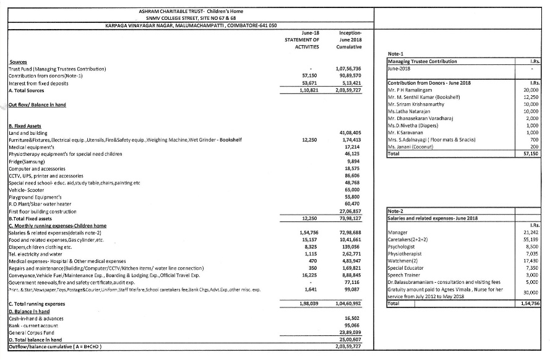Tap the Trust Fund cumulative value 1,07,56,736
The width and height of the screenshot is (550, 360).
(348, 69)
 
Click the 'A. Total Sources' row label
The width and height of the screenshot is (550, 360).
(28, 89)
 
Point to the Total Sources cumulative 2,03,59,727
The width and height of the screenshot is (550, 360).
(348, 89)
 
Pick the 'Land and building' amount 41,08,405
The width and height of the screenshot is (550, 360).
(350, 132)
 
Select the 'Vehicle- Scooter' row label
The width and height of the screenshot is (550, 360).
(26, 191)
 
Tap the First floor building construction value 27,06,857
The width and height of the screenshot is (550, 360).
(349, 211)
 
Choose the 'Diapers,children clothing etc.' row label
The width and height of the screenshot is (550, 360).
(40, 246)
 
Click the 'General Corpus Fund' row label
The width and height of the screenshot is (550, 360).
(29, 332)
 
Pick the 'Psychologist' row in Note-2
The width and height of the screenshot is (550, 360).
(402, 245)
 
